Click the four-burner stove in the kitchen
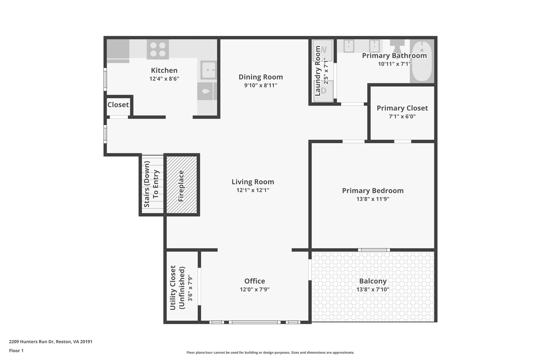point(158,49)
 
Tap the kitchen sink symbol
point(208,70)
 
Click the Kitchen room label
point(164,70)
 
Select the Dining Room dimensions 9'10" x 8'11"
point(260,85)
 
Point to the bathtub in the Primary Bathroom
point(422,61)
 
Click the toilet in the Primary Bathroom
point(397,46)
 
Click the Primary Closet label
point(402,108)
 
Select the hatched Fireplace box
point(182,185)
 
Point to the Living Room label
point(253,182)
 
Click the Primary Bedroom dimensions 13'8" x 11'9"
point(373,199)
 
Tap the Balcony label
point(373,281)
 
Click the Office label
point(254,281)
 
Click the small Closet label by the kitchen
point(118,105)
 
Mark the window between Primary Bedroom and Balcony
point(374,250)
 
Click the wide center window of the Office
point(254,322)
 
